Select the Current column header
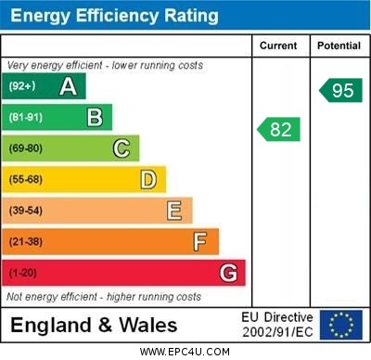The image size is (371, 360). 278,45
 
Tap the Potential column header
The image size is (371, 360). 339,45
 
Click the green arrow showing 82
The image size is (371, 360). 279,129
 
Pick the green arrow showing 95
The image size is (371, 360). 340,90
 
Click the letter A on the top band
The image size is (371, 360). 68,86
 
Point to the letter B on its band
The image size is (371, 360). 95,117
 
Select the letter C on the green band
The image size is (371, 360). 121,148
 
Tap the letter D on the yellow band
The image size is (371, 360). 147,179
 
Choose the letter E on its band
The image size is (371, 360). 173,211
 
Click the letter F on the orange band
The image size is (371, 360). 199,242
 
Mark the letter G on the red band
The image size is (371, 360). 227,273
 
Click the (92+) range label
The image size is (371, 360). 22,86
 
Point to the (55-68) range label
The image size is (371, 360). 26,179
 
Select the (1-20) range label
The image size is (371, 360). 23,274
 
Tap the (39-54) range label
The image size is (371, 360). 26,211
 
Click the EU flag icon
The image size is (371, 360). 340,324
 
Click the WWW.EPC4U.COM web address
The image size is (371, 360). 185,352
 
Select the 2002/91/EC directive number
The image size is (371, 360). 277,331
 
